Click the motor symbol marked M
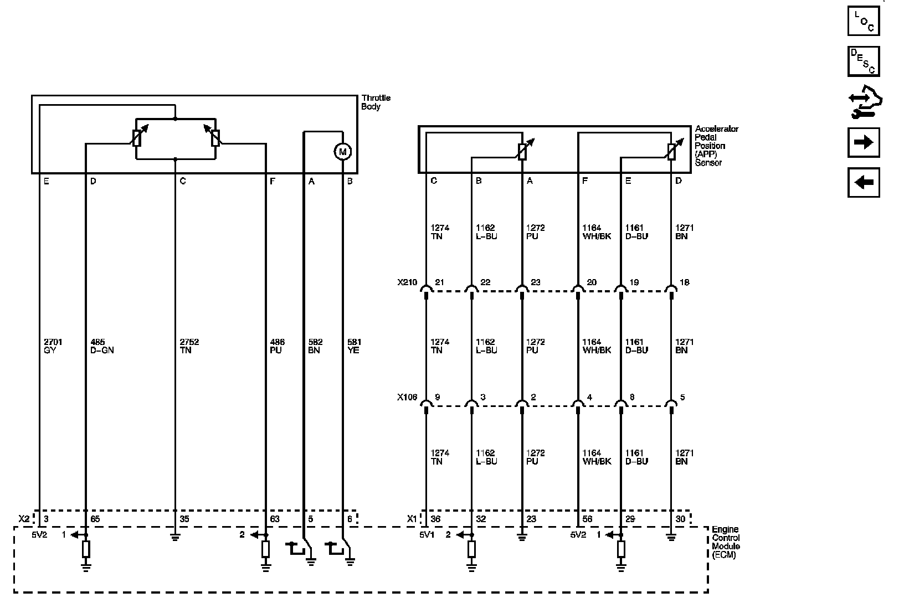tap(342, 151)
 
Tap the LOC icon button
tap(864, 20)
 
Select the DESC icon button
tap(864, 61)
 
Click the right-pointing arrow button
tap(864, 142)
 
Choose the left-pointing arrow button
tap(864, 182)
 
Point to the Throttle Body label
tap(376, 102)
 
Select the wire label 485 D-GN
tap(101, 346)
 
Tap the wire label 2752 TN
tap(189, 346)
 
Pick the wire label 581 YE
tap(354, 346)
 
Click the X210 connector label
tap(407, 282)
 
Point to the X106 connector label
tap(407, 398)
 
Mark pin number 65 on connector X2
tap(95, 519)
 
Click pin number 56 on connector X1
tap(587, 519)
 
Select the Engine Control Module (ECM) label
tap(726, 542)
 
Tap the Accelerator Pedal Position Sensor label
tap(717, 146)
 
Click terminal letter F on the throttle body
tap(272, 181)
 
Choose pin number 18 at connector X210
tap(685, 282)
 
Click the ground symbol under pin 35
tap(175, 537)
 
